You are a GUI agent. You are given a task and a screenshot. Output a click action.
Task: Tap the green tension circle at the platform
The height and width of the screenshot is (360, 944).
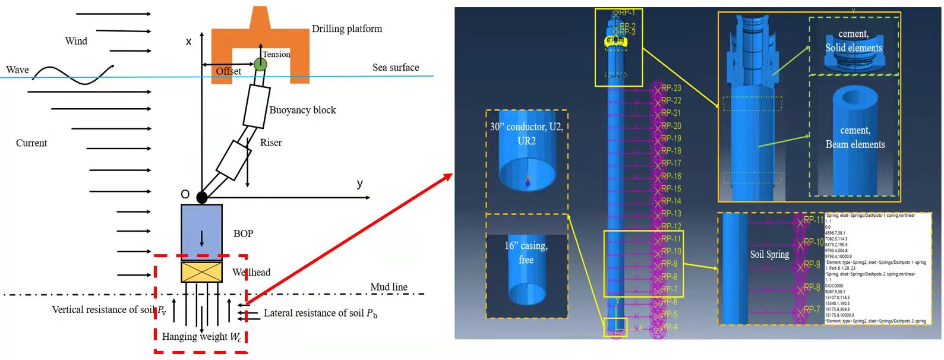(x=260, y=64)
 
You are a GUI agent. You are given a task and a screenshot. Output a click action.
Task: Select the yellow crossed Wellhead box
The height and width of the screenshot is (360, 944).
(x=201, y=272)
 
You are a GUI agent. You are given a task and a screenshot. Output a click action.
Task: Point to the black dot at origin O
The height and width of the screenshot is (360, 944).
(x=202, y=197)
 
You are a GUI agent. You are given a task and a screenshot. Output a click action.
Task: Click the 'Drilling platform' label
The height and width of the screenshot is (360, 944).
(x=347, y=29)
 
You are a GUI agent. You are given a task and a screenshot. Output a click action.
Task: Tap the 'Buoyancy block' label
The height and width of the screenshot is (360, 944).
(x=302, y=110)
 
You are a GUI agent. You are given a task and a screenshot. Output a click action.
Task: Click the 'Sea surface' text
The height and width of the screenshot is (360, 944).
(x=396, y=68)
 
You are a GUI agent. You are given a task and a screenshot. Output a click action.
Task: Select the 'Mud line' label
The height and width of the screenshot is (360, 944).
(x=389, y=287)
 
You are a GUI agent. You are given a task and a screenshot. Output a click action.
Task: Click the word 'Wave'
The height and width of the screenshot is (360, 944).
(x=17, y=70)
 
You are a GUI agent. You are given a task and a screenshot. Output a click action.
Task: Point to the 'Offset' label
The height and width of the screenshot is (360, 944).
(x=228, y=71)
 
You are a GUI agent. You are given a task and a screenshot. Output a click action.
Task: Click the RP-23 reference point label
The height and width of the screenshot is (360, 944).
(x=671, y=89)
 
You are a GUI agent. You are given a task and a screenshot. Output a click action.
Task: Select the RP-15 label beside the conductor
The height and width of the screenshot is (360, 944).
(x=671, y=189)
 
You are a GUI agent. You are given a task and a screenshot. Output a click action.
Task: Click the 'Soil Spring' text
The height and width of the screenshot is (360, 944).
(x=769, y=254)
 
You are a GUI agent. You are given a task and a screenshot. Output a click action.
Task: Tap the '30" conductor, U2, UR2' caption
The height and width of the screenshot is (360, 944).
(x=526, y=134)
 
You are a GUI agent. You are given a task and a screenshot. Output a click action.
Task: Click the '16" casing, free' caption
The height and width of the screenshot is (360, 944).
(x=526, y=252)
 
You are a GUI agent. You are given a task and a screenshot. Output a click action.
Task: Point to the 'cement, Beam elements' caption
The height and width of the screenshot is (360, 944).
(x=855, y=137)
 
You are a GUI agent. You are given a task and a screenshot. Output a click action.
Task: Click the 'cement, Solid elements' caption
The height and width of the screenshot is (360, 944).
(x=854, y=41)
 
